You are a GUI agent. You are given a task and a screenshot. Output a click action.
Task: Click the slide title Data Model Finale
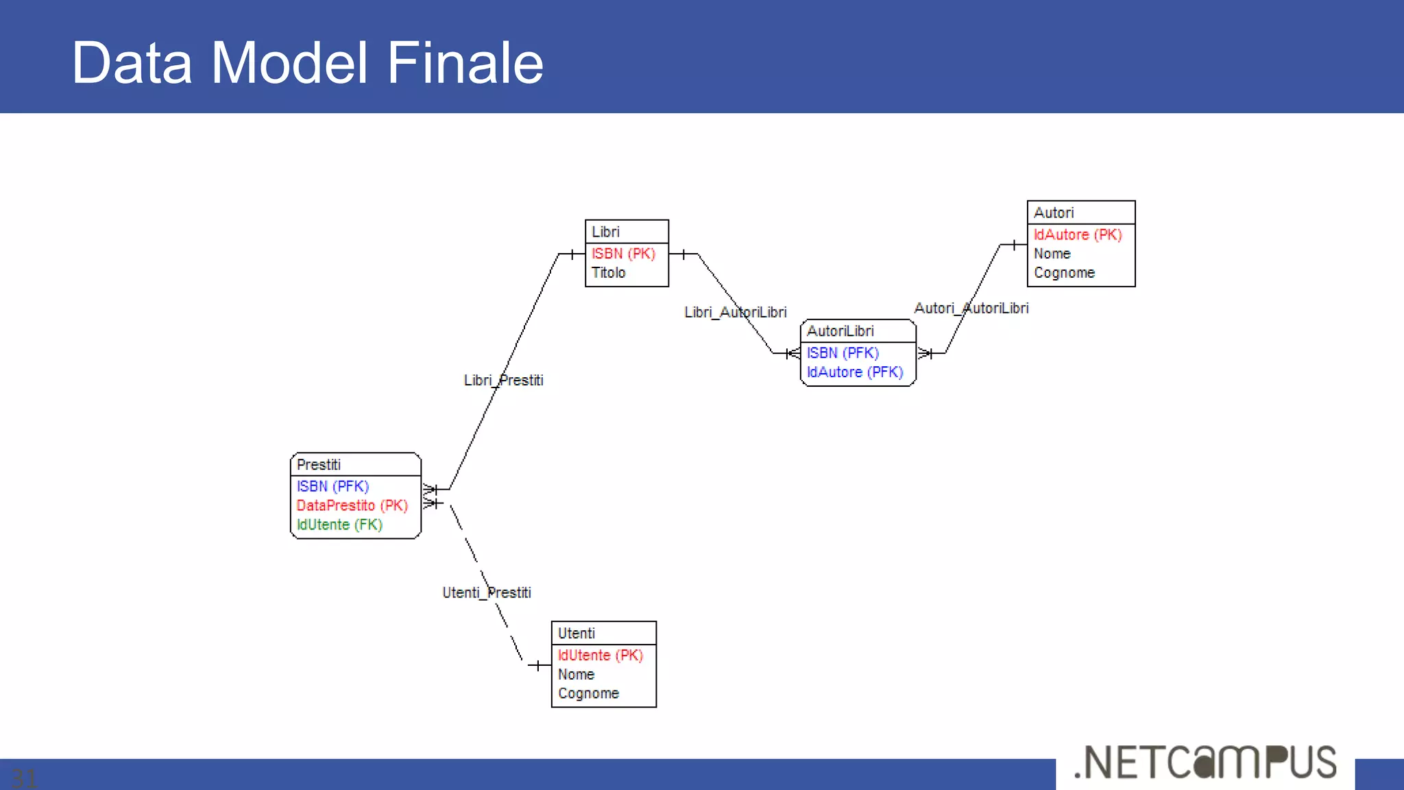click(307, 62)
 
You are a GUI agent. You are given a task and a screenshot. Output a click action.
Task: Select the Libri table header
click(606, 232)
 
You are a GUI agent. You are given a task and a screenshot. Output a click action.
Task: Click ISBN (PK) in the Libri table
click(623, 254)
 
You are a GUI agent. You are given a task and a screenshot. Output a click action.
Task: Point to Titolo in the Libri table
click(609, 273)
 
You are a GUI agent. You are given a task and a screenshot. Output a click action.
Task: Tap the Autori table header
click(1054, 213)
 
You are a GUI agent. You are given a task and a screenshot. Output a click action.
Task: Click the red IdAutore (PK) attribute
click(1078, 235)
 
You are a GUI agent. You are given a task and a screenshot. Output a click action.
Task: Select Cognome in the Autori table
click(1064, 273)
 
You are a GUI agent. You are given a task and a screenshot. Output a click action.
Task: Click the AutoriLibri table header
click(840, 331)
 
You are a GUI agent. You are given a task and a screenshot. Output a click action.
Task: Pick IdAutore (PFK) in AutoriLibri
click(855, 372)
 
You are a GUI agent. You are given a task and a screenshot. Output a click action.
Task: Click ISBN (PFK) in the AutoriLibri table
click(843, 353)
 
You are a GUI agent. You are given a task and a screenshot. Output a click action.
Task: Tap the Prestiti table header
click(319, 465)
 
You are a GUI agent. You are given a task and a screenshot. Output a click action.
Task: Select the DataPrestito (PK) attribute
click(352, 505)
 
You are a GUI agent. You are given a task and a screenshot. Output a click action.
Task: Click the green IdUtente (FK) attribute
click(339, 525)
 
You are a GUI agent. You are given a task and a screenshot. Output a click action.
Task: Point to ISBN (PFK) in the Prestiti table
click(332, 486)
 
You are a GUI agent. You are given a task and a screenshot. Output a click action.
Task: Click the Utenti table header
click(577, 634)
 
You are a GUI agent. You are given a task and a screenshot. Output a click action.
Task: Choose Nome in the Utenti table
click(576, 675)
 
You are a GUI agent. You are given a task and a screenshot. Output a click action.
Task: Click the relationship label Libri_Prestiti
click(503, 381)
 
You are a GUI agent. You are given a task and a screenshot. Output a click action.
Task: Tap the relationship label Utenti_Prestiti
click(487, 592)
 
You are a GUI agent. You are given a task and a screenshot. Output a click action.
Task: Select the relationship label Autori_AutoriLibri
click(971, 309)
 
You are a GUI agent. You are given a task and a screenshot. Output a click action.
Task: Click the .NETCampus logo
click(1205, 763)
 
